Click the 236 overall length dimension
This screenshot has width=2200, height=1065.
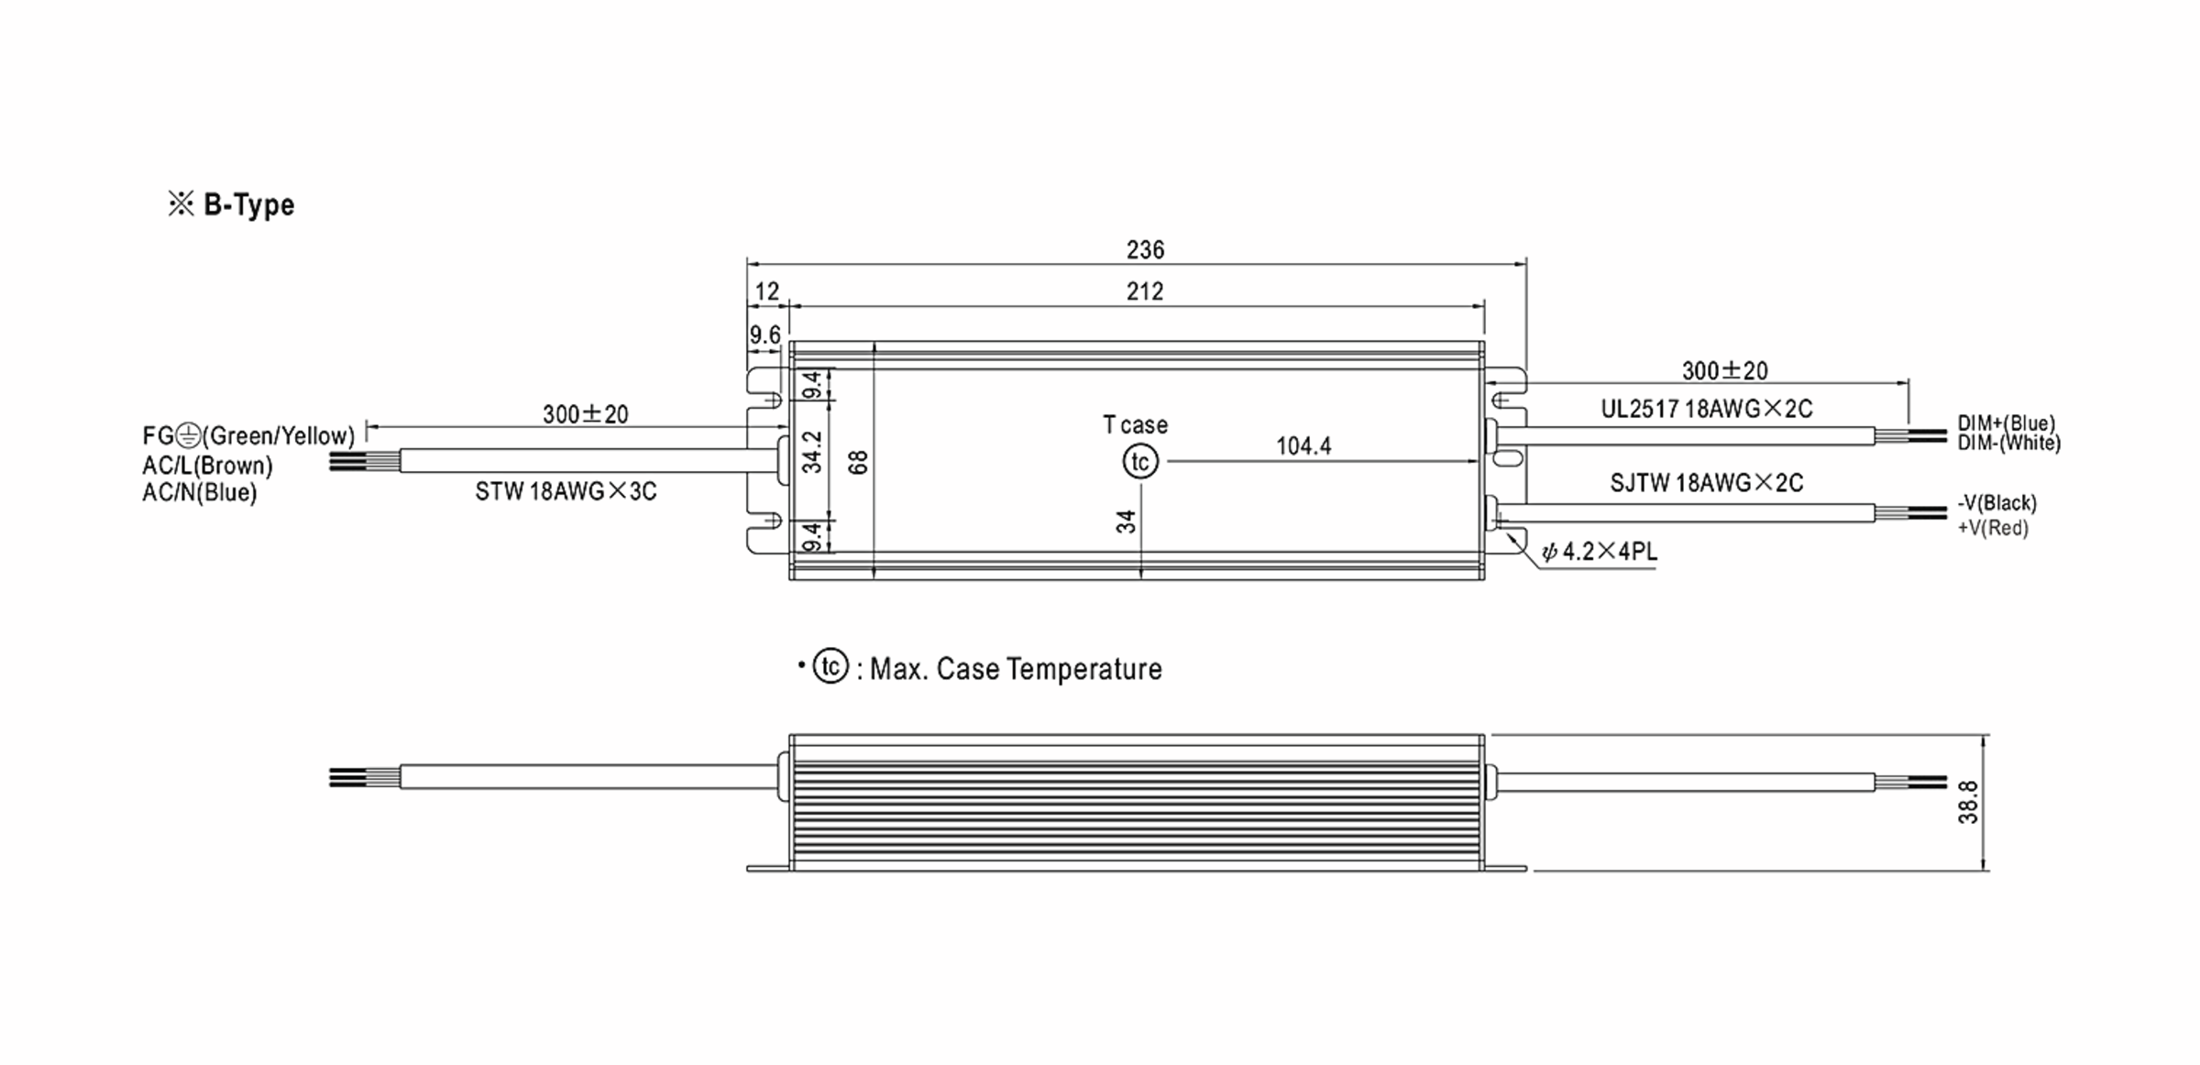click(1145, 249)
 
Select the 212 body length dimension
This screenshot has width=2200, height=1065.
click(1145, 291)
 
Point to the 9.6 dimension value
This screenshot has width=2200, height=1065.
click(764, 335)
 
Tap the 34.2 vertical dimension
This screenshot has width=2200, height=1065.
click(812, 452)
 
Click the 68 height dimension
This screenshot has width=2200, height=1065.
click(858, 462)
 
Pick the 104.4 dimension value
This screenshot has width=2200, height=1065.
click(1303, 446)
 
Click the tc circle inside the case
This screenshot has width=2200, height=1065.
click(1140, 462)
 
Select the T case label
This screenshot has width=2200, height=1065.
click(1135, 425)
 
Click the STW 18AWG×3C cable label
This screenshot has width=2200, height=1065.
click(566, 492)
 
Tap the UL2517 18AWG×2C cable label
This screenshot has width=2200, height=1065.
click(1707, 409)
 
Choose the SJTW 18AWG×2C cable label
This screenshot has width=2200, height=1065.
click(1707, 483)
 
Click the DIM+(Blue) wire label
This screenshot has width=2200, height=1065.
click(2007, 423)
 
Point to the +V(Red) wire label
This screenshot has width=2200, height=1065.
click(1993, 528)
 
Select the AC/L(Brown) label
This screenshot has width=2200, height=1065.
click(207, 466)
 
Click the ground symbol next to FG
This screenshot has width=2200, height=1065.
click(188, 435)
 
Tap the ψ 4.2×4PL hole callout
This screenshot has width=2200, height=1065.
click(1600, 552)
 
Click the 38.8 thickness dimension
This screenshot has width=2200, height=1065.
click(1968, 802)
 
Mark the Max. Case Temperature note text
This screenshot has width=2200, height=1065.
click(1015, 669)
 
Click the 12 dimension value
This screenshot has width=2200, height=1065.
click(766, 291)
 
